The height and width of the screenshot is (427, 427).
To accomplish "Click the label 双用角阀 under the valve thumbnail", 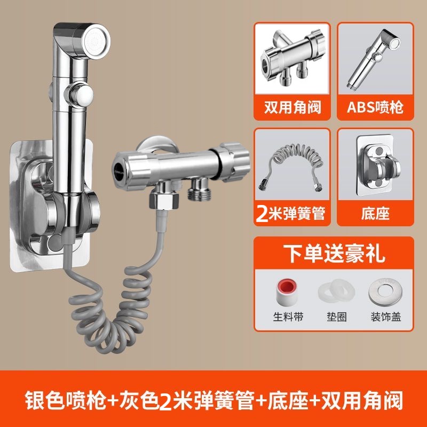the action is pos(292,107).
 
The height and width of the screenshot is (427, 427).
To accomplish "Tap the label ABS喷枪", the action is pos(375,107).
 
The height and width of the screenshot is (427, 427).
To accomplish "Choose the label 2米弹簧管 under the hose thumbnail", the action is pos(291,213).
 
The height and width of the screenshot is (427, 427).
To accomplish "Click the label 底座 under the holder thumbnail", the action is pos(375,213).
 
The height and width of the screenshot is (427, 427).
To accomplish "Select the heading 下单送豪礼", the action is pos(334,254).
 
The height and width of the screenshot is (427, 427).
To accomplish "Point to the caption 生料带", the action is pos(288,317).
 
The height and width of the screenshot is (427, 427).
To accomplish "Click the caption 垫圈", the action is pos(337,317).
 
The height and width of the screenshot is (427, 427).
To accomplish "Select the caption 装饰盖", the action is pos(385,317).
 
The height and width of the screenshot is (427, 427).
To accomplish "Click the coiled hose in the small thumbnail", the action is pos(291,166).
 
